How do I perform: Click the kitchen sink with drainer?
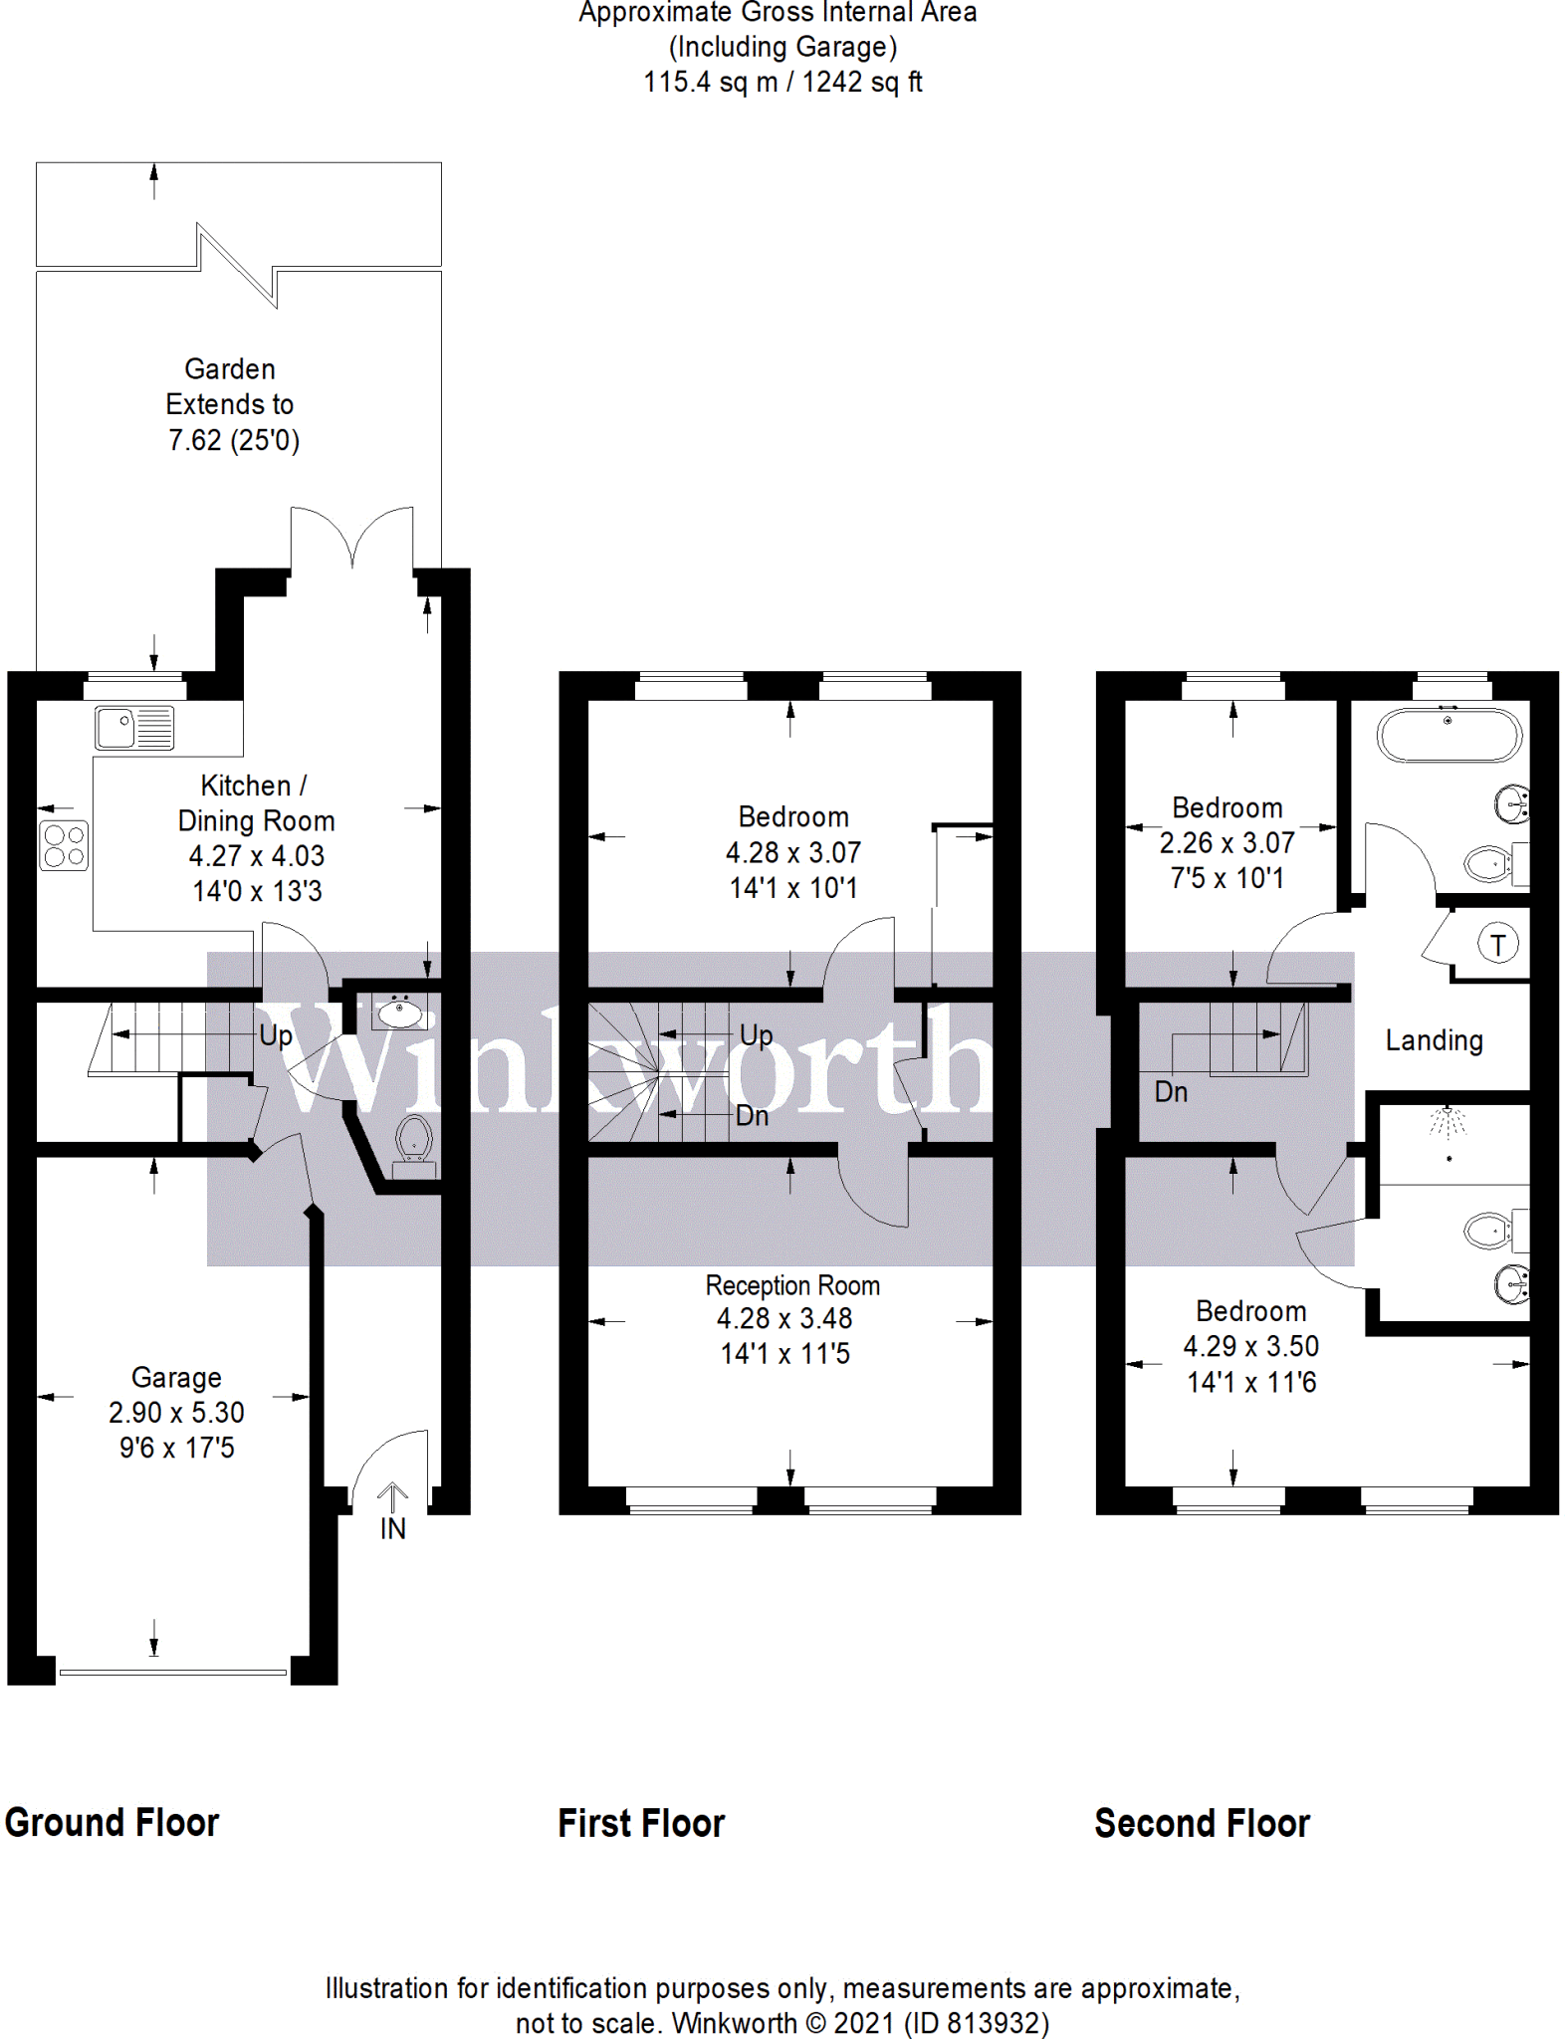pos(134,727)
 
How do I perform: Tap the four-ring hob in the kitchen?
pos(64,845)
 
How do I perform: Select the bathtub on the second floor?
pos(1449,735)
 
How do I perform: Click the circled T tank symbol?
pos(1497,943)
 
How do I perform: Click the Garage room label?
pos(176,1377)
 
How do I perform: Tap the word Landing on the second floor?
pos(1434,1040)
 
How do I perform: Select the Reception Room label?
pos(792,1285)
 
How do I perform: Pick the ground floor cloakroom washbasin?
pos(399,1013)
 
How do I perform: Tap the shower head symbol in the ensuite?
pos(1449,1122)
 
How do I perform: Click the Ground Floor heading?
pos(112,1823)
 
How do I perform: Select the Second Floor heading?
pos(1202,1823)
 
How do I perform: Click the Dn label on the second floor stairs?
pos(1171,1092)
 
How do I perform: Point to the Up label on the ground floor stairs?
pos(276,1035)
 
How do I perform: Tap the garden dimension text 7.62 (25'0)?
pos(234,440)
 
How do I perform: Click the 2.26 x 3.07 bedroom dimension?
pos(1227,843)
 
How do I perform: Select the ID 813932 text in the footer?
pos(977,2023)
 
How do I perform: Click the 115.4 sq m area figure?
pos(710,82)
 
